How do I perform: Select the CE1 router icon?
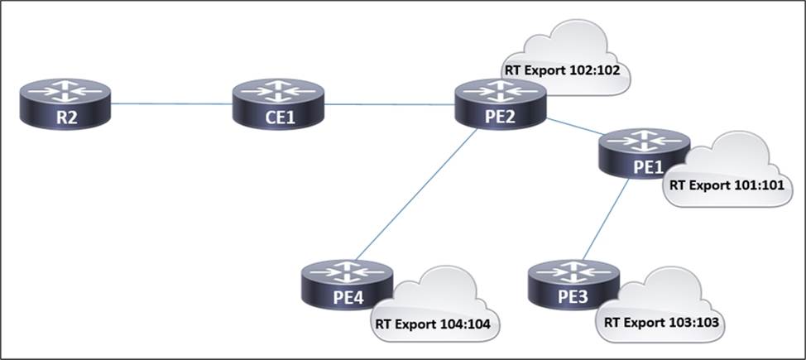point(278,103)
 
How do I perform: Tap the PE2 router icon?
point(500,103)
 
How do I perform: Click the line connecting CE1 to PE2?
point(389,104)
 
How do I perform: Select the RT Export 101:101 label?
point(726,185)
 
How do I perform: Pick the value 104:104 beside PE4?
point(463,324)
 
